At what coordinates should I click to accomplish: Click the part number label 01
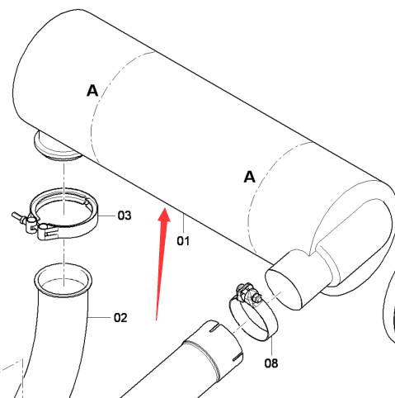183,241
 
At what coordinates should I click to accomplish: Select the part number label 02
120,318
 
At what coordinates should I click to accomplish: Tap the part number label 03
125,216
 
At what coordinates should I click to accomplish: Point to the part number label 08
271,363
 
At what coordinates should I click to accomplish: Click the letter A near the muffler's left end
92,91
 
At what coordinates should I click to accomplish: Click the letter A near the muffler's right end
250,177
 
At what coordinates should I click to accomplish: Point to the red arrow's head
165,215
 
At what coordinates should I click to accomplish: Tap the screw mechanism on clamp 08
248,293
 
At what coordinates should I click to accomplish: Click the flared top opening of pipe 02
63,280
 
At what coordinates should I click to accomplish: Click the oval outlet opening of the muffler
283,290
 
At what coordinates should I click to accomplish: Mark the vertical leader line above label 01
183,224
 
